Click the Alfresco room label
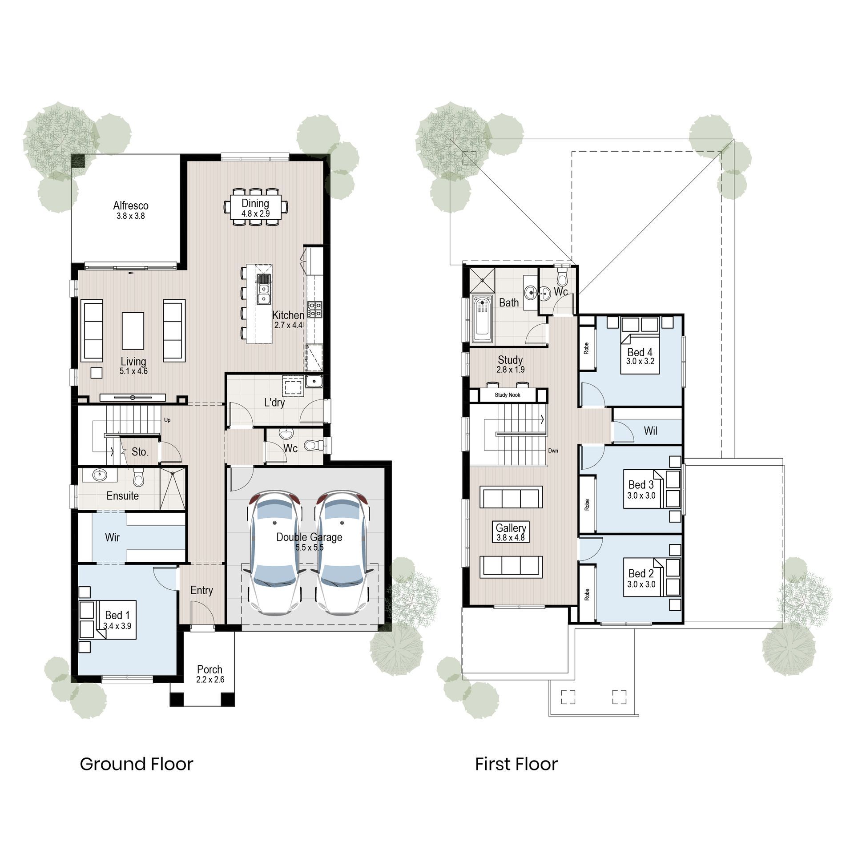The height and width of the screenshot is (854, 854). [130, 205]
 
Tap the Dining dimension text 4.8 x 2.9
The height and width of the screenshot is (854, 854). [255, 213]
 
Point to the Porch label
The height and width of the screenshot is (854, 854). [209, 669]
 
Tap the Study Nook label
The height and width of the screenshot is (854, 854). [507, 395]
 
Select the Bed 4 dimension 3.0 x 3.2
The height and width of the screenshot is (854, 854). [640, 362]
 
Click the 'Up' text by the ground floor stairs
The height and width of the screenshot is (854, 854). [167, 420]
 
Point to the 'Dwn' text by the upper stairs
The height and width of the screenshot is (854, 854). [553, 451]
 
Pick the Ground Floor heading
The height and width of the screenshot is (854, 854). [136, 764]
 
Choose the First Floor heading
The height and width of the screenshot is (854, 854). [516, 764]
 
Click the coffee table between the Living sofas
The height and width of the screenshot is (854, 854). [133, 330]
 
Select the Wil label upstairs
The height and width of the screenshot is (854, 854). [650, 431]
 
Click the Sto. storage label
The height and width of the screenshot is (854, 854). [140, 452]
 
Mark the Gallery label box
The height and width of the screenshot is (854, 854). [511, 532]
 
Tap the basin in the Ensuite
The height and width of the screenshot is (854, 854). [100, 475]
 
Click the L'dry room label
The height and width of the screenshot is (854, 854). [274, 403]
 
